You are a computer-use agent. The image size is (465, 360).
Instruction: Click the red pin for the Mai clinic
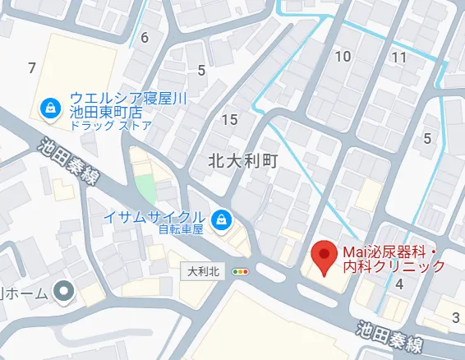point(324,258)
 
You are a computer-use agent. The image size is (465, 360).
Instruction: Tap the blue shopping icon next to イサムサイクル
point(219,218)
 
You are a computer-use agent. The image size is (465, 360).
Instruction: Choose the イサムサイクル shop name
point(153,216)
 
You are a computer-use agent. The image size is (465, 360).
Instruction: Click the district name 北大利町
point(244,162)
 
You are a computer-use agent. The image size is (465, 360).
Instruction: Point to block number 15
point(230,120)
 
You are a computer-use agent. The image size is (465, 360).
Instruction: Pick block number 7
point(31,67)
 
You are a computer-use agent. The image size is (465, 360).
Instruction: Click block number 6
point(145,37)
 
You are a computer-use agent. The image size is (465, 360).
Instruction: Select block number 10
point(343,57)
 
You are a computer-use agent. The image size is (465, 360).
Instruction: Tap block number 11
point(399,57)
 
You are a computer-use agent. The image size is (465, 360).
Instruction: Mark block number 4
point(399,284)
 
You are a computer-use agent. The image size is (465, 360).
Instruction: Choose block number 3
point(454,317)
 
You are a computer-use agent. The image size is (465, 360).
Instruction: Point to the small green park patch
point(145,188)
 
